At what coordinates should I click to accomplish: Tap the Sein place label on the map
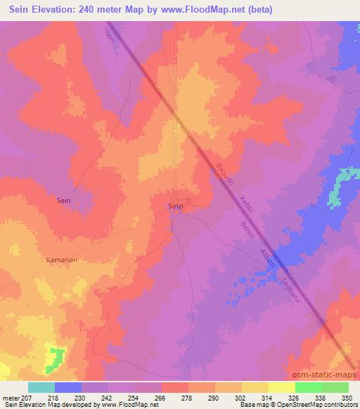point(63,200)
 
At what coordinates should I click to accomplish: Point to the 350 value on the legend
point(346,397)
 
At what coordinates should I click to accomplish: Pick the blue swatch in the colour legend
point(67,387)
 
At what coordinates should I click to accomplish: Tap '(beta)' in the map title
point(257,10)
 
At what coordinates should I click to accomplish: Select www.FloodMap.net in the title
point(194,10)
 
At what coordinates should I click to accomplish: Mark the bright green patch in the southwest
point(53,358)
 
